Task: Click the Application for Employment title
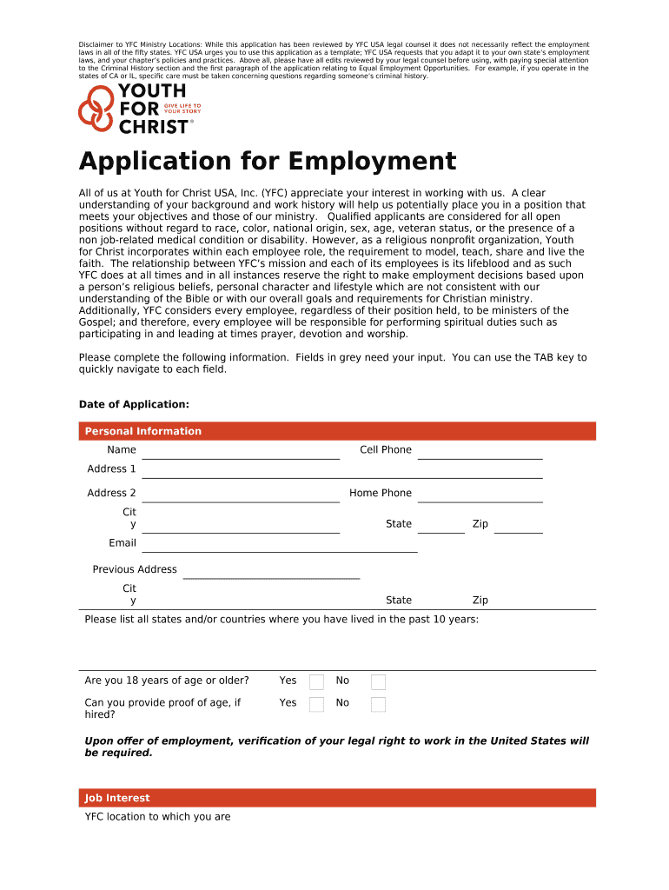[267, 162]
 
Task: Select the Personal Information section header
[142, 431]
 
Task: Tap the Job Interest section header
[116, 798]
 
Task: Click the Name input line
[240, 452]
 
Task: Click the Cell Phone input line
[480, 452]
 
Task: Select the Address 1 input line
[341, 471]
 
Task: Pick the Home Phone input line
[480, 495]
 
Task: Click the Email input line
[279, 545]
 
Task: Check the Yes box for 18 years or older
[317, 681]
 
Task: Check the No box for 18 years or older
[378, 681]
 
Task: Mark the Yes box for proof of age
[317, 704]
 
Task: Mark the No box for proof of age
[378, 704]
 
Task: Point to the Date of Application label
[134, 404]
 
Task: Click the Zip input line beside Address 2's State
[518, 527]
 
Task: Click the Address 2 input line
[240, 495]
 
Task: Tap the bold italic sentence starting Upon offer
[336, 747]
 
